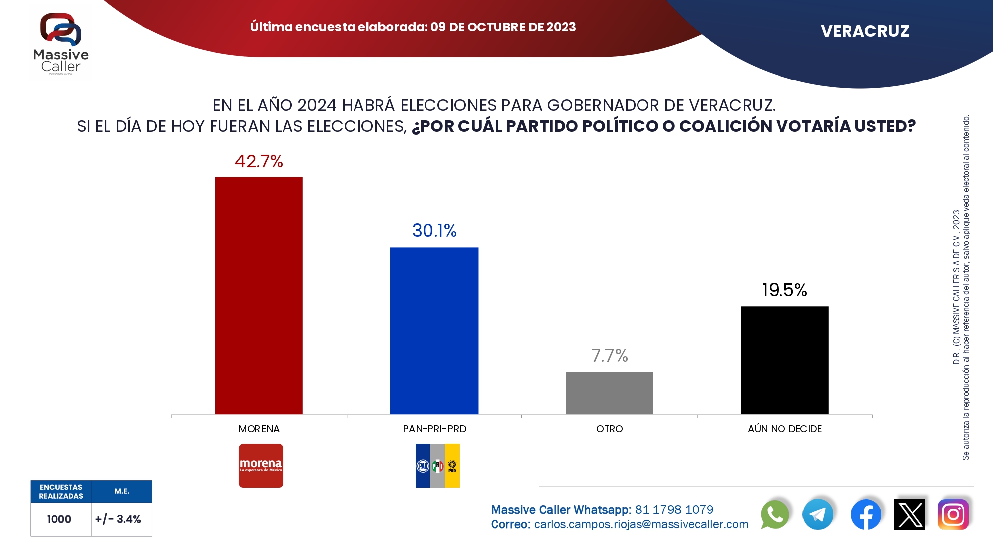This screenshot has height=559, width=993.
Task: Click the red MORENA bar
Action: [259, 296]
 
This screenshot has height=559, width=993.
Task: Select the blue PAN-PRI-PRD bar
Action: [434, 331]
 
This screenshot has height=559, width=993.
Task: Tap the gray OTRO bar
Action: [609, 393]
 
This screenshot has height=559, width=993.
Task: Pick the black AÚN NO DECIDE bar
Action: [784, 360]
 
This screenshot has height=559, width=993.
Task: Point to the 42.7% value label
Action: [259, 161]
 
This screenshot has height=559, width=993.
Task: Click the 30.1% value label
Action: [434, 231]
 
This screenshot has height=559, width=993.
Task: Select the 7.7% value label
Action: [609, 356]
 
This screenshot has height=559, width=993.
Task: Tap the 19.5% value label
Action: [784, 290]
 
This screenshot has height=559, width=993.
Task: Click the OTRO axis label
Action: [609, 429]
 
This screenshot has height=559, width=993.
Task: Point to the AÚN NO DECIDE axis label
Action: [784, 429]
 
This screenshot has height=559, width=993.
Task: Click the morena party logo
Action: [261, 466]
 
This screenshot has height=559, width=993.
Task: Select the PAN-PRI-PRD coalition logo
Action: [437, 466]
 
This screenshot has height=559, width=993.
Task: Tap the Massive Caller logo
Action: [61, 43]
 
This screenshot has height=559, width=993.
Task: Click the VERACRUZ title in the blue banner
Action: [864, 31]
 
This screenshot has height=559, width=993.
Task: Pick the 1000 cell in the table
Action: [59, 519]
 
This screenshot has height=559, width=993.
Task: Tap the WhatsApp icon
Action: [775, 515]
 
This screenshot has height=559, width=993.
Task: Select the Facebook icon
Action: [866, 515]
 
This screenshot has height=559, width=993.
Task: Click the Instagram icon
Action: [953, 515]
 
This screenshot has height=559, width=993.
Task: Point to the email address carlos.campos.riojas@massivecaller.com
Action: [641, 524]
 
